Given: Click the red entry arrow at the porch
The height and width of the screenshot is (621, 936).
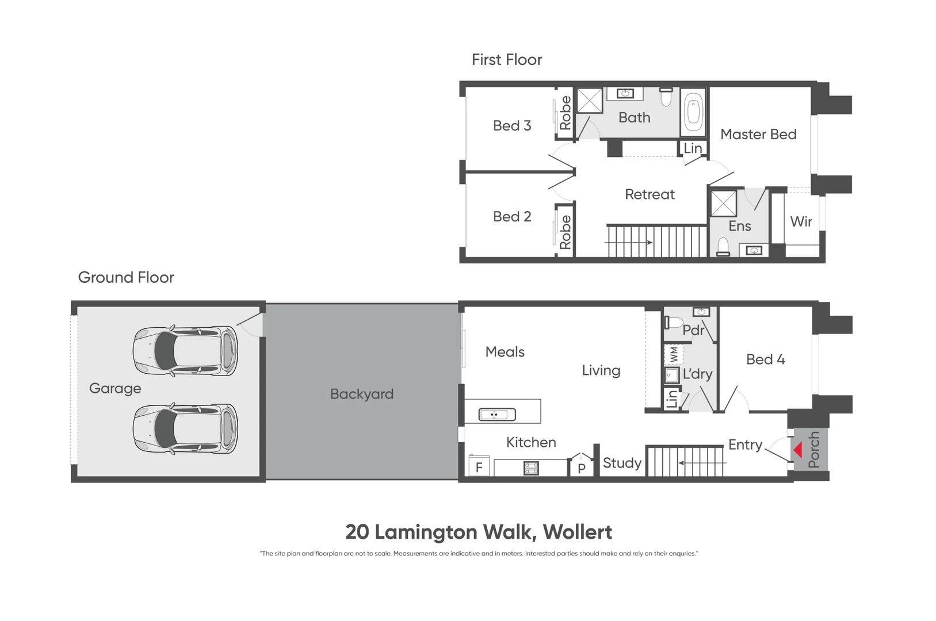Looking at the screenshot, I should click(797, 450).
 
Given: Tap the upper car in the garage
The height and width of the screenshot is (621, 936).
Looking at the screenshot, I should click(185, 351).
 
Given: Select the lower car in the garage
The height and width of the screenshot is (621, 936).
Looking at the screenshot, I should click(185, 428).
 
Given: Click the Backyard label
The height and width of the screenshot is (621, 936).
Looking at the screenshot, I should click(361, 394).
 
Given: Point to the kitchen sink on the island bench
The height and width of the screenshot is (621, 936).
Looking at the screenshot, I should click(497, 414).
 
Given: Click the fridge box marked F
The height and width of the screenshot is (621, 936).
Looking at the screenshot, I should click(479, 467).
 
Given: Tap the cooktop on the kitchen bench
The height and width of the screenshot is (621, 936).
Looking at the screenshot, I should click(531, 468).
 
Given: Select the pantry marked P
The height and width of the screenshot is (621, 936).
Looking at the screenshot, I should click(581, 467).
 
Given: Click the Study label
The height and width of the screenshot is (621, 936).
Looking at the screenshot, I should click(622, 463).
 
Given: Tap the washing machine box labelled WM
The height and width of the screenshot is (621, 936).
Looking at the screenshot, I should click(673, 354).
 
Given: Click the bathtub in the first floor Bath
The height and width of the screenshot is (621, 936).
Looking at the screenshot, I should click(693, 112).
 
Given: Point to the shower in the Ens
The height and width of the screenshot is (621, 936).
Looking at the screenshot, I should click(723, 203).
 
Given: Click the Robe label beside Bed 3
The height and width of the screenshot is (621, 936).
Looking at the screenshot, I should click(565, 113).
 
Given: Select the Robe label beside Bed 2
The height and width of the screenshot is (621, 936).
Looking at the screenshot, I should click(565, 232).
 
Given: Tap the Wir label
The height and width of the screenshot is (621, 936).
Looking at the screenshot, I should click(801, 221).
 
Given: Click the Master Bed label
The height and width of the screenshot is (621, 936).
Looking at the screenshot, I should click(758, 134).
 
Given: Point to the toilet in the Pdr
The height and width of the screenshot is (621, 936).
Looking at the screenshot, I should click(674, 322).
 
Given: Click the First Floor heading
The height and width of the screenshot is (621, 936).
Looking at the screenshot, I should click(507, 60).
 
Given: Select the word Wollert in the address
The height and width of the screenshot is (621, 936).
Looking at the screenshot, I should click(577, 532).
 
